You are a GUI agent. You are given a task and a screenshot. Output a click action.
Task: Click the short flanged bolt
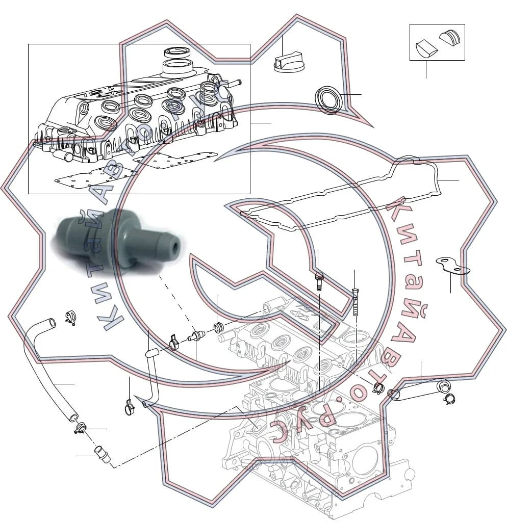click(x=318, y=281)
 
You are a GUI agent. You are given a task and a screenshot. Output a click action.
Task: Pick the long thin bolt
click(x=355, y=303)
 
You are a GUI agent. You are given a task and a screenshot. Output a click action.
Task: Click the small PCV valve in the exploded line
click(x=196, y=334)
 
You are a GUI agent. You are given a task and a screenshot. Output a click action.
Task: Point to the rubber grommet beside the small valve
click(x=218, y=327)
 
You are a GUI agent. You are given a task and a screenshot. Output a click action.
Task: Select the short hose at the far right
click(x=419, y=389)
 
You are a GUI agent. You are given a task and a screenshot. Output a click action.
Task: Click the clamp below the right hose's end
click(x=449, y=398)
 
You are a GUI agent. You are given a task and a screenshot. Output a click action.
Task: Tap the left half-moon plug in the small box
click(x=426, y=48)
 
